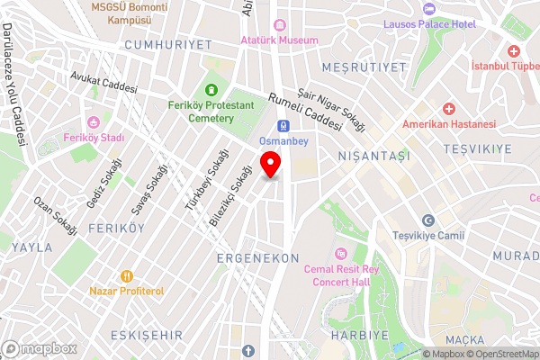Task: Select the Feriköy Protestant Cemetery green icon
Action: (211, 89)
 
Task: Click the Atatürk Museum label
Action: (279, 40)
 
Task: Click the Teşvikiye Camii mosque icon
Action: (428, 220)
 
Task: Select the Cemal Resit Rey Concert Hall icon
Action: (339, 252)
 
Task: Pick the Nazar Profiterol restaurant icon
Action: (127, 275)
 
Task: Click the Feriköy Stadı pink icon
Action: (93, 122)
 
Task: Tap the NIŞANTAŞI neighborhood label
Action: (373, 156)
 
